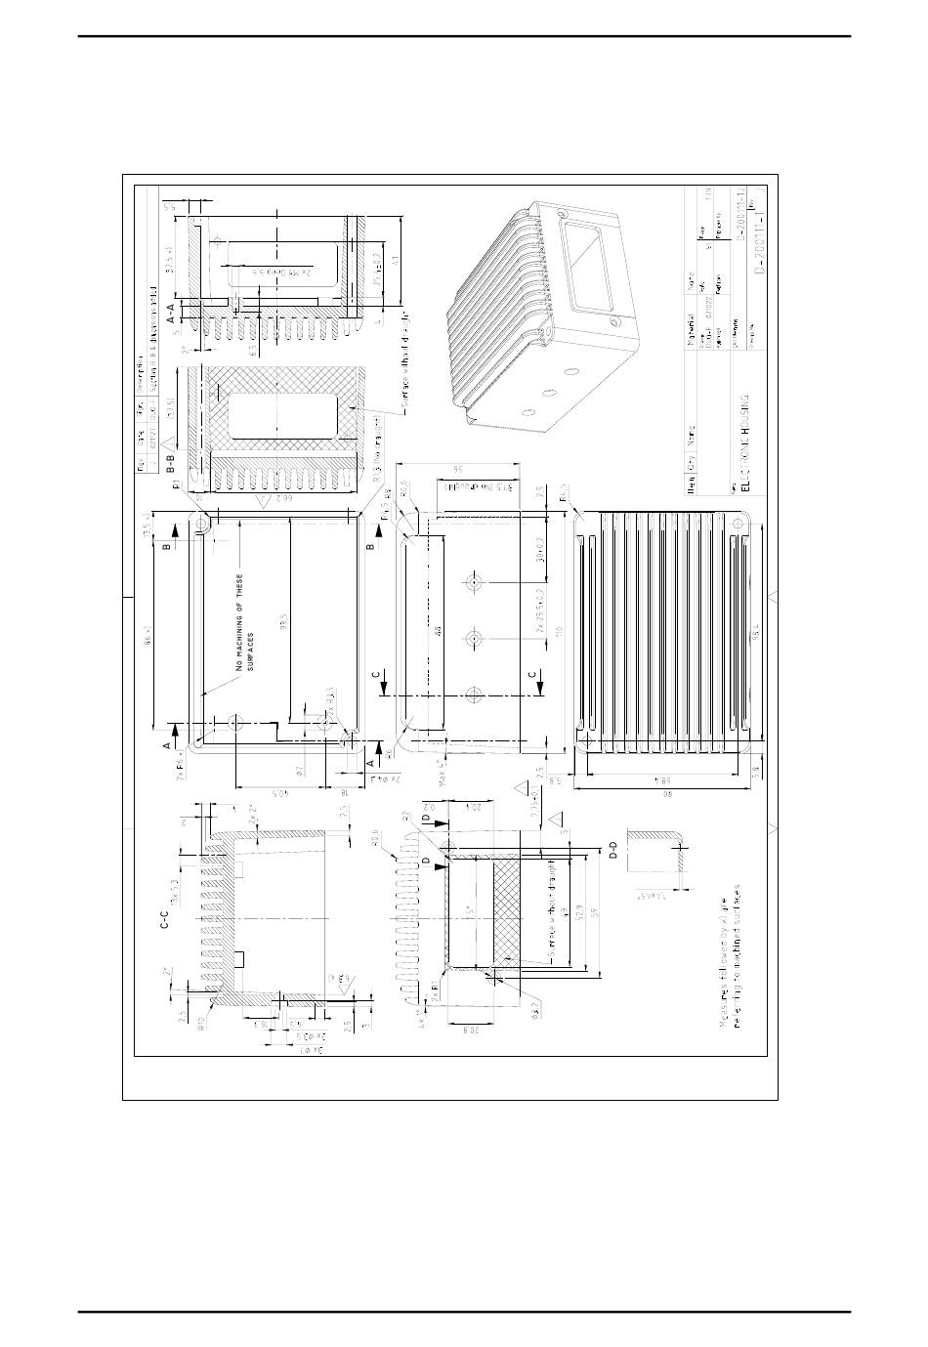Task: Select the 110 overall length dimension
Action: click(560, 631)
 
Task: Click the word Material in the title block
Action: click(690, 317)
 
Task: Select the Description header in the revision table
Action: click(139, 381)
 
